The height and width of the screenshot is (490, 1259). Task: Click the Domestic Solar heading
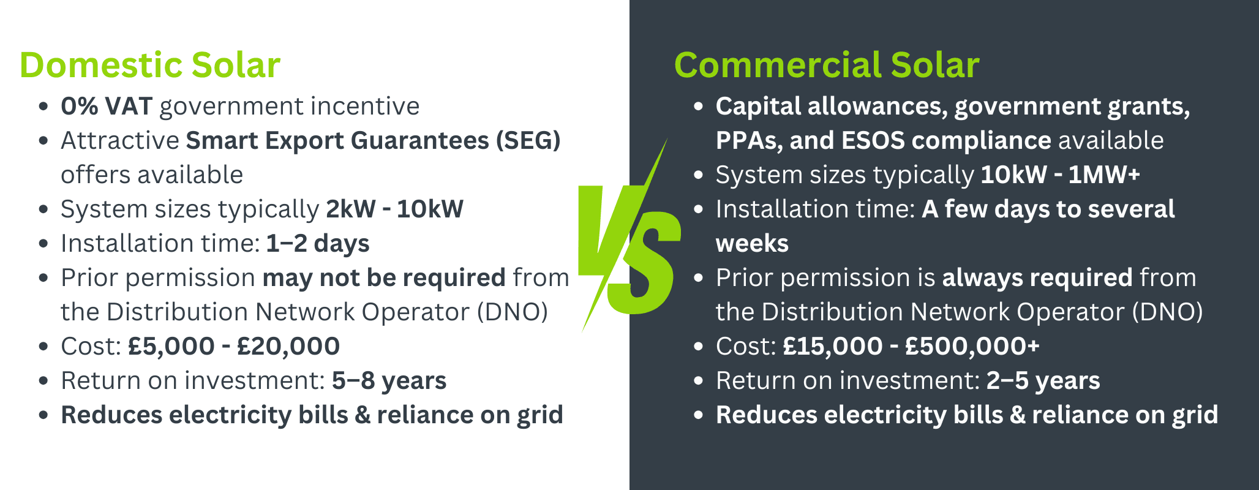coord(150,66)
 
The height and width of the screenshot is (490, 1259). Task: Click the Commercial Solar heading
coord(826,66)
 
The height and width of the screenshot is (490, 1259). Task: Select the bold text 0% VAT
coord(106,107)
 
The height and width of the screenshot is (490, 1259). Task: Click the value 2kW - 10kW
coord(394,209)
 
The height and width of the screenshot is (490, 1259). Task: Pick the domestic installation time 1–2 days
coord(317,244)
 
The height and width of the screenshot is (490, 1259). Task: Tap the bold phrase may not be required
coord(384,278)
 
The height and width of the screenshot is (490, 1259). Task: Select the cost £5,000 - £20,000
coord(233,347)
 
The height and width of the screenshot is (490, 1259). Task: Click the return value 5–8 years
coord(389,381)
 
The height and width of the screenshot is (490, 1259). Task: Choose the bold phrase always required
coord(1037,278)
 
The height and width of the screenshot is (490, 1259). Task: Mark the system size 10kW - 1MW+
coord(1060,175)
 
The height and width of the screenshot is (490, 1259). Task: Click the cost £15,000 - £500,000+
coord(911,347)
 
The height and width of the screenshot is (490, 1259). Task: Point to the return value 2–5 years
coord(1043,381)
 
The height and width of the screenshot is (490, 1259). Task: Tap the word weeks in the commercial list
coord(752,244)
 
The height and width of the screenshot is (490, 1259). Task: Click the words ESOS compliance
coord(947,141)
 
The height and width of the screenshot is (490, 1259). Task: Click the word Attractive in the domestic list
coord(119,141)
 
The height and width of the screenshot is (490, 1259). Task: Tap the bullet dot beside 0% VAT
coord(43,107)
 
